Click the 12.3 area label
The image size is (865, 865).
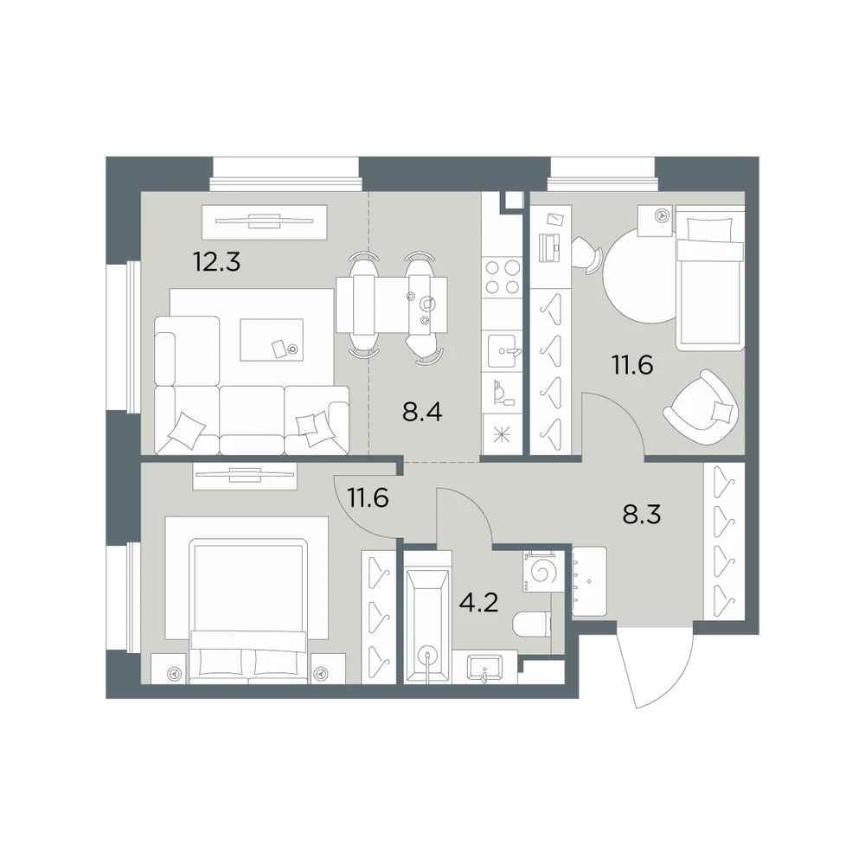pos(216,261)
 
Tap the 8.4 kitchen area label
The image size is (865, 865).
pos(422,412)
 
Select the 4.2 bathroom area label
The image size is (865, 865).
pos(478,602)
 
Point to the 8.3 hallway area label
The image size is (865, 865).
pos(642,514)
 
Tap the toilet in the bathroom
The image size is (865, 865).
pos(531,625)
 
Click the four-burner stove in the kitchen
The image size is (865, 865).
pos(502,278)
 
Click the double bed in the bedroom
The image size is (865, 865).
pos(247,612)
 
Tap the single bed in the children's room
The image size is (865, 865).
pos(710,278)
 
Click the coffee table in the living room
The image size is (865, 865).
pos(272,340)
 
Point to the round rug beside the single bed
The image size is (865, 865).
pos(640,277)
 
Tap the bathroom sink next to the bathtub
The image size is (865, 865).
pos(484,668)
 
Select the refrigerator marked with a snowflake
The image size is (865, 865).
pos(502,435)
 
